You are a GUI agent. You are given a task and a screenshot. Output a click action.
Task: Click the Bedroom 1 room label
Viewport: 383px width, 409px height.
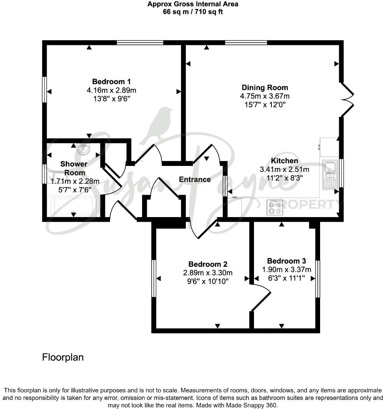click(111, 82)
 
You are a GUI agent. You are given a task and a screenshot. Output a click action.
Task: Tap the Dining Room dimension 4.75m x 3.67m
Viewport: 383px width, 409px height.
click(265, 96)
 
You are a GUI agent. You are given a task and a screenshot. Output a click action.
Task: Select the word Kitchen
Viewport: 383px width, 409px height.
click(284, 161)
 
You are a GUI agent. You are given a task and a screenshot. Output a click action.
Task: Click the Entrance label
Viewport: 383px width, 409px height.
click(195, 179)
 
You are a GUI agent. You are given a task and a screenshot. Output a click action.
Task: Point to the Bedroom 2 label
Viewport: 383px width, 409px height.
click(208, 264)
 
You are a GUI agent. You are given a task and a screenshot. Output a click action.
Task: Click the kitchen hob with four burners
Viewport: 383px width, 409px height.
click(274, 207)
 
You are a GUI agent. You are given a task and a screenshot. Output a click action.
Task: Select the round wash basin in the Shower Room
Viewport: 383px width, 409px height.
click(84, 149)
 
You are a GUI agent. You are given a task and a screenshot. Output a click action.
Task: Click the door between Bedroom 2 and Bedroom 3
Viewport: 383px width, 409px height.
click(261, 298)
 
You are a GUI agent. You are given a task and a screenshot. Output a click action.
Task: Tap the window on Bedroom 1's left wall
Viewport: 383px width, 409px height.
click(45, 90)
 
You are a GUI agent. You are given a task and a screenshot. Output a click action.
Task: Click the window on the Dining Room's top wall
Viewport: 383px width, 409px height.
click(246, 42)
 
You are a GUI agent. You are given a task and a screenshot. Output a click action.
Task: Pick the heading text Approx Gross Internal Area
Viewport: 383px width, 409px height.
click(192, 4)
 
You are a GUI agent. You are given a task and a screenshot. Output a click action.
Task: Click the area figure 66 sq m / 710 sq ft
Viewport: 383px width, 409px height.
click(192, 12)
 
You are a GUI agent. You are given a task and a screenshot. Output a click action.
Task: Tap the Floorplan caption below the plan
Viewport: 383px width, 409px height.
click(63, 357)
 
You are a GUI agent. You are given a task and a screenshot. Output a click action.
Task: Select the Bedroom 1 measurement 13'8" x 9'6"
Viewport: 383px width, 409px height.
click(111, 98)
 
